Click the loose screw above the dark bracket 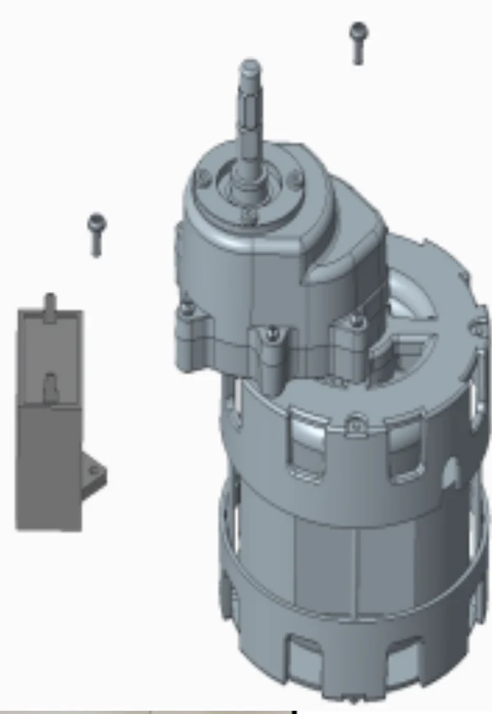(97, 233)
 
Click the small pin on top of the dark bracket (50, 301)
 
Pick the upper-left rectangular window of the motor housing (303, 447)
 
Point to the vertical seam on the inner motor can (354, 566)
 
